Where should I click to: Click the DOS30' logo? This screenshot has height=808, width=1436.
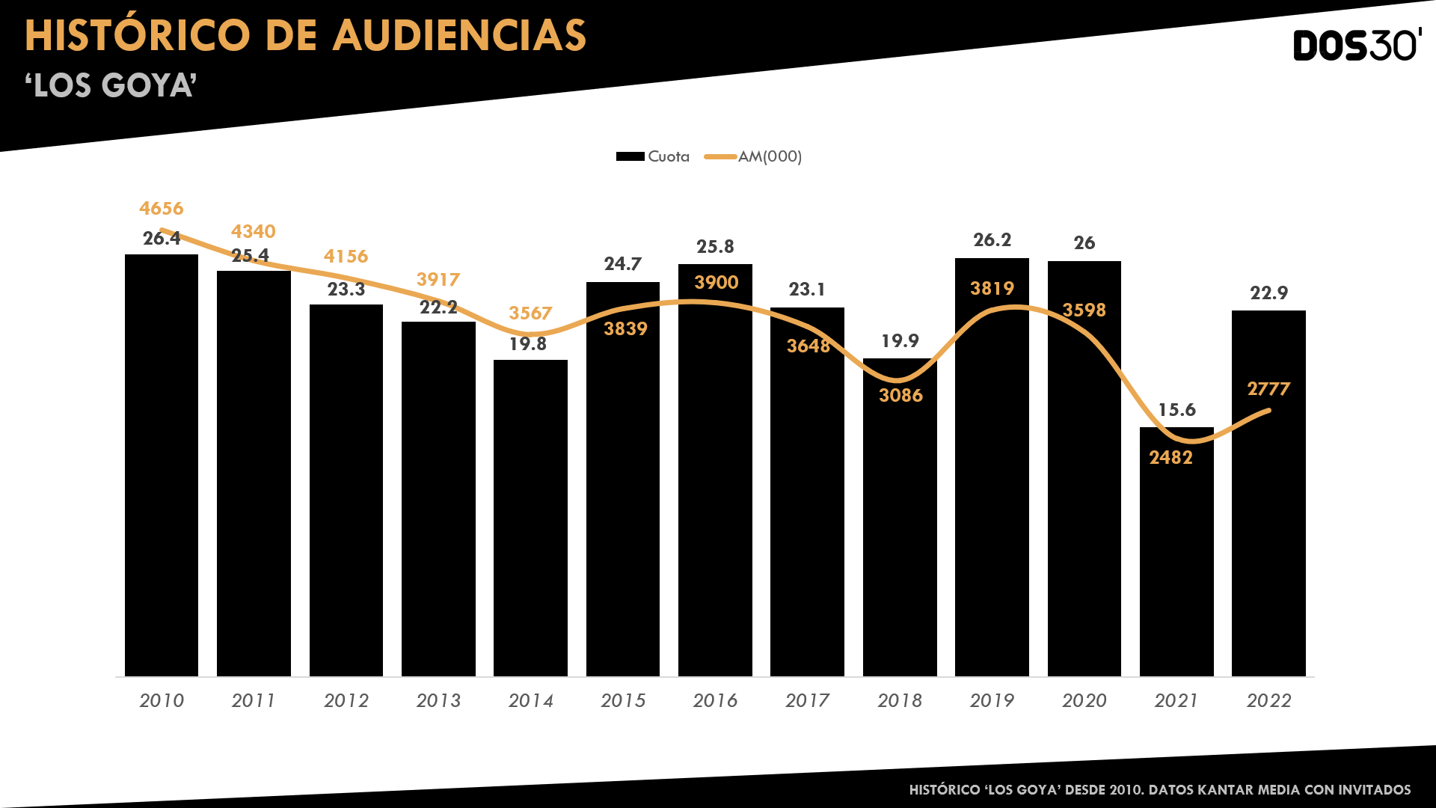click(1357, 46)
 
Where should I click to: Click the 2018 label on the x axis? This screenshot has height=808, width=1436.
click(900, 700)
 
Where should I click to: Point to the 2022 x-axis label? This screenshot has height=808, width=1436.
click(1268, 700)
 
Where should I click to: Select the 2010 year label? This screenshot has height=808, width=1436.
click(162, 700)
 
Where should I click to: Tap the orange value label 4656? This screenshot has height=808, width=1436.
click(162, 208)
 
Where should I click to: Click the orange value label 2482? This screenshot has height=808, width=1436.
click(1171, 457)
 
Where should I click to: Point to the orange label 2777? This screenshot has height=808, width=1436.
click(1268, 388)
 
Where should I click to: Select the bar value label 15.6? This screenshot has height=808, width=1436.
click(1176, 409)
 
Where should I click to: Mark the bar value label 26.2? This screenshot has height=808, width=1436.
click(992, 239)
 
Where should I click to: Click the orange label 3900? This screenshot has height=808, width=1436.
click(716, 282)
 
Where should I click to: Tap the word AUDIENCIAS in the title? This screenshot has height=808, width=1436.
click(459, 35)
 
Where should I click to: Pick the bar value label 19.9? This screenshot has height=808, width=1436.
click(900, 340)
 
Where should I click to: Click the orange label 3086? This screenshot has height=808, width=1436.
click(900, 395)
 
